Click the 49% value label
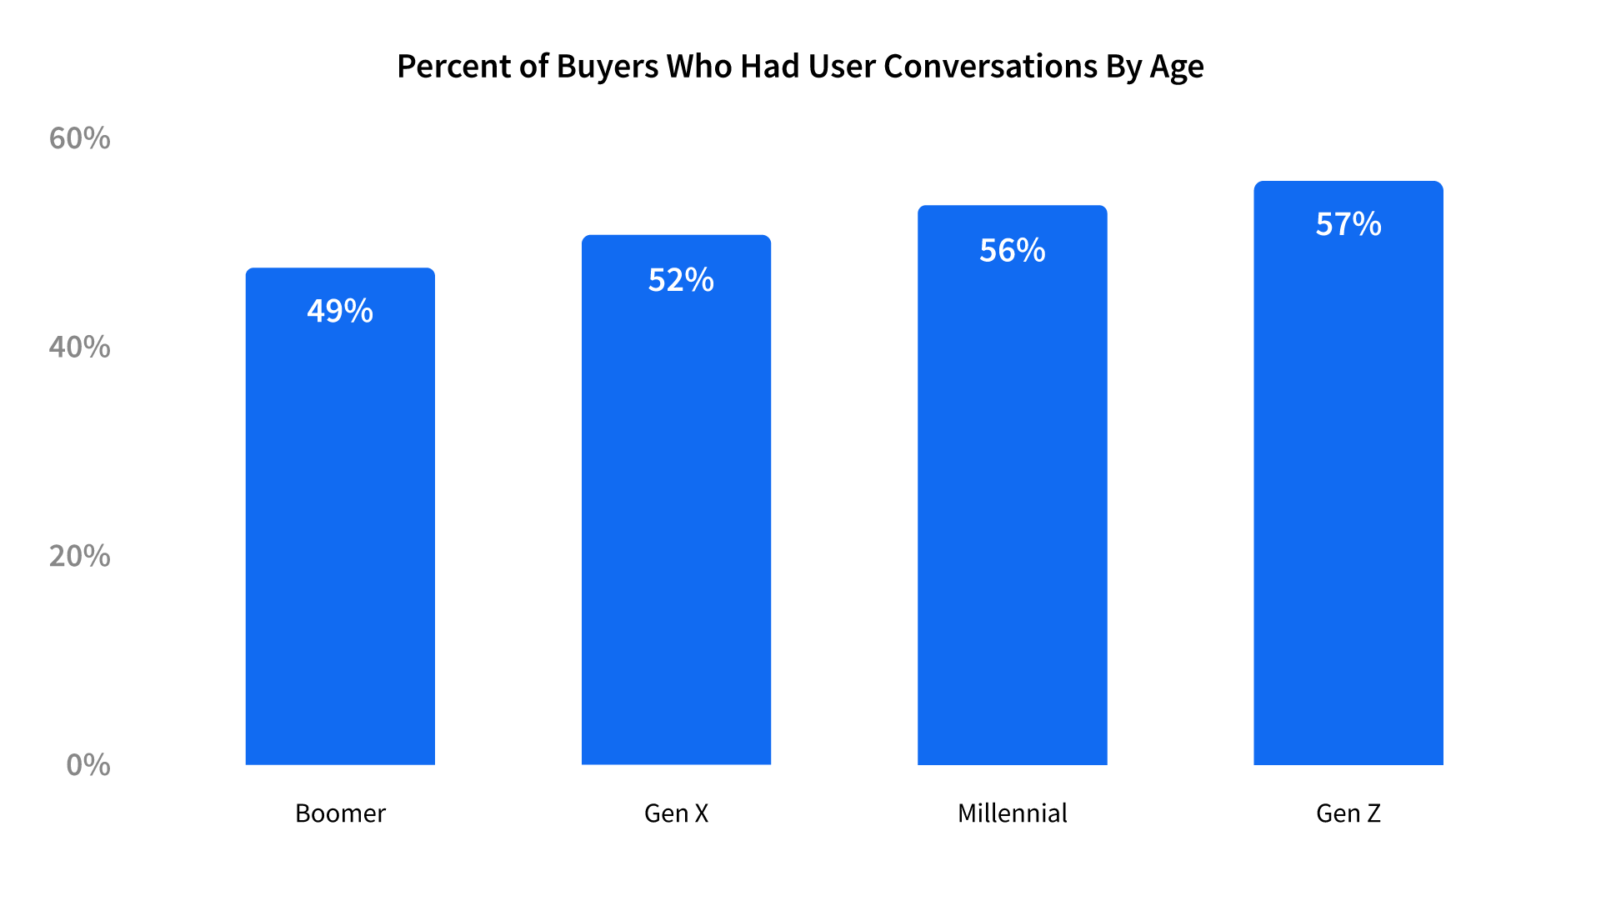(340, 311)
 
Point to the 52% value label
(681, 280)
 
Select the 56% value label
(1012, 250)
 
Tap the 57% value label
(1348, 224)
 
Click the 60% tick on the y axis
(79, 138)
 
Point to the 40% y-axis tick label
(79, 347)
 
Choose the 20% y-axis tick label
(79, 556)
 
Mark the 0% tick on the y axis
(88, 765)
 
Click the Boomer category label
(340, 813)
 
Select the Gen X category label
(676, 813)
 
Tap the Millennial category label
(1012, 813)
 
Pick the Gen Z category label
(1348, 813)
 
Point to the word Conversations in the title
(990, 67)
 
